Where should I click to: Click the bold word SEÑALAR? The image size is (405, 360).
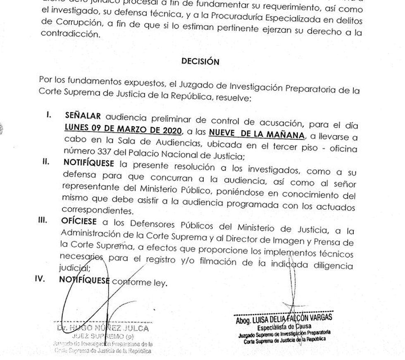coord(83,116)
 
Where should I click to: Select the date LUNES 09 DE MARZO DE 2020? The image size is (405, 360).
coord(123,131)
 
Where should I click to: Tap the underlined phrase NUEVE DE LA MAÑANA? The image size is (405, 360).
coord(257,134)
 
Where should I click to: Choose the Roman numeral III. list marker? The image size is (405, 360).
coord(43,220)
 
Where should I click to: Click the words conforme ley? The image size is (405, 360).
coord(140,283)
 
